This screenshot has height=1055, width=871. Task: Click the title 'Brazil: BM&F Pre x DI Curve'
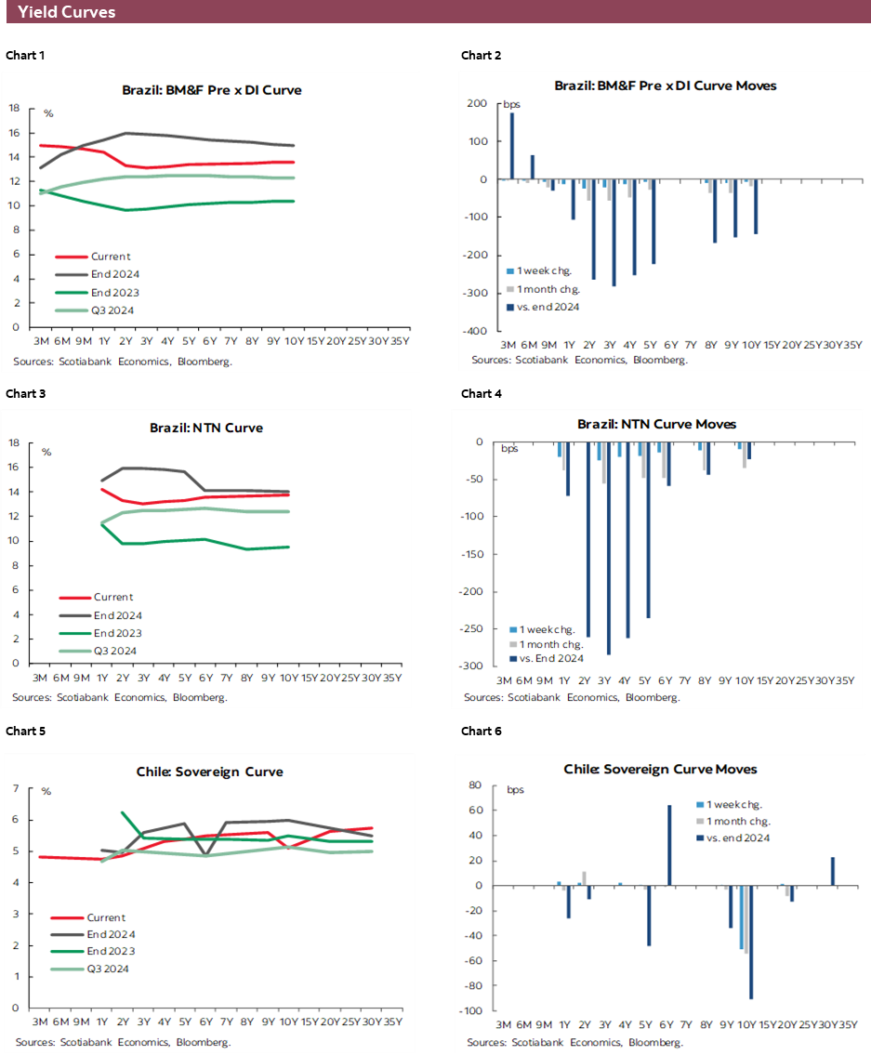[x=212, y=90]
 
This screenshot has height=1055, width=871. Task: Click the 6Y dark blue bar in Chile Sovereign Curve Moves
[x=669, y=845]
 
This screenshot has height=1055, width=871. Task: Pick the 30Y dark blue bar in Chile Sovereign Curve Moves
[x=832, y=871]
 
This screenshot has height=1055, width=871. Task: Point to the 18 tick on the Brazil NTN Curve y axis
[x=14, y=442]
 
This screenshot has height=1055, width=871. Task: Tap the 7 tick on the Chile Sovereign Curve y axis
[x=15, y=789]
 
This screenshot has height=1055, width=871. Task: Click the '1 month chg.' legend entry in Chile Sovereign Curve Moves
[x=738, y=821]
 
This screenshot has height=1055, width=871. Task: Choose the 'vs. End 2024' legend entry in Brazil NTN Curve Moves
[x=551, y=659]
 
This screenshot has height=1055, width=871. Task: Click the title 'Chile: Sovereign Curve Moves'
[x=660, y=769]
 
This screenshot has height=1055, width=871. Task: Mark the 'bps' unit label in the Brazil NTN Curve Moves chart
[x=510, y=449]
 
